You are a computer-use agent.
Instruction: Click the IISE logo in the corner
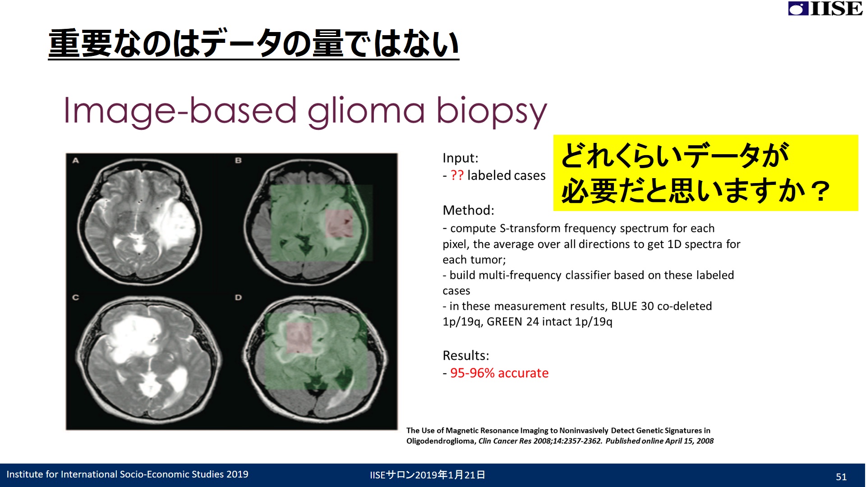coord(825,9)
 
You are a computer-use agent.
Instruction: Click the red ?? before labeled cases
coord(457,175)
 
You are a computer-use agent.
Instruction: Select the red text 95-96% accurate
coord(499,373)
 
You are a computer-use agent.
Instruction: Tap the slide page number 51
coord(841,477)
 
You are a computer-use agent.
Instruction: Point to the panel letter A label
coord(76,161)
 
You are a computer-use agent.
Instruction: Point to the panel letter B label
coord(238,161)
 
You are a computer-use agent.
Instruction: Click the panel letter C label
coord(76,298)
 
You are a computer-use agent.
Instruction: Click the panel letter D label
coord(238,298)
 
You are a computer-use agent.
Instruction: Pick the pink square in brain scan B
coord(339,223)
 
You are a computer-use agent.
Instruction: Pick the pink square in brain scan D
coord(299,338)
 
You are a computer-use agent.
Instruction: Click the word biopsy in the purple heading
coord(492,112)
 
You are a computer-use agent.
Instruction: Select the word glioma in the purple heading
coord(366,112)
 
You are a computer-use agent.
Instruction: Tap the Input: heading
coord(461,158)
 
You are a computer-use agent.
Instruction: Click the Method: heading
coord(469,210)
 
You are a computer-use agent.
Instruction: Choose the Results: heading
coord(466,356)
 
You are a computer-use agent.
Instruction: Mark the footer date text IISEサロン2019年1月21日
coord(427,475)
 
